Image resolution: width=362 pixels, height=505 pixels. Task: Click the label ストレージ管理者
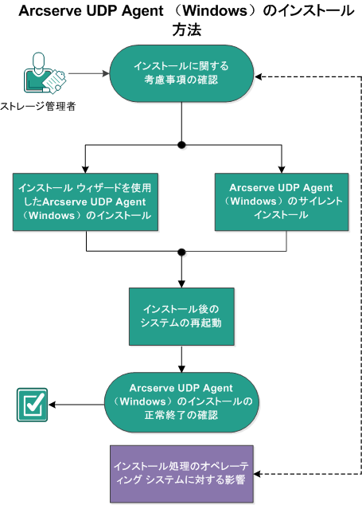(x=38, y=107)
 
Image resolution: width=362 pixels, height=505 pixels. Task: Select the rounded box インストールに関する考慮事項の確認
(x=183, y=75)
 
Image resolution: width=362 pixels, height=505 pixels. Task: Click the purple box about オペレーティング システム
(x=181, y=473)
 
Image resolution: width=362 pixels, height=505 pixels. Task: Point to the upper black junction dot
(x=182, y=145)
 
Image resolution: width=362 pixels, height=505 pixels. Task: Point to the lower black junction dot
(x=182, y=252)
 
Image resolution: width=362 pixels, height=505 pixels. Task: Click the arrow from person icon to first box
(x=88, y=75)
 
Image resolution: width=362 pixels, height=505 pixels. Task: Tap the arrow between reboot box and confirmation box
(x=182, y=362)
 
